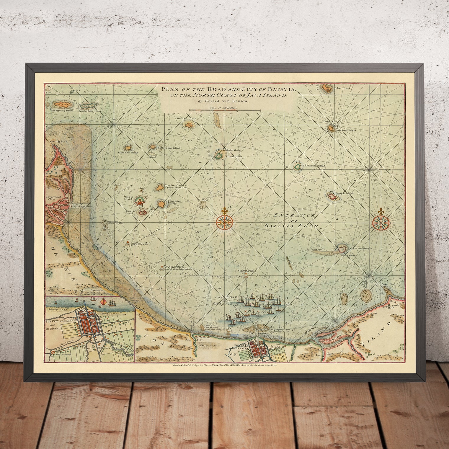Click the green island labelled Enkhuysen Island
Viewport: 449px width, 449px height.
(x=298, y=167)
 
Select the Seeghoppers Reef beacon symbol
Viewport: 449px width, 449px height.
(x=127, y=243)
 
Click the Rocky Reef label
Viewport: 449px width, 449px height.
(x=388, y=284)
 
